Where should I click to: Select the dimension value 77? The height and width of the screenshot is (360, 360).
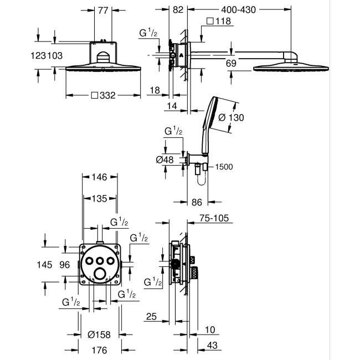pos(102,9)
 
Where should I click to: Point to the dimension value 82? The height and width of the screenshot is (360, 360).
pos(177,9)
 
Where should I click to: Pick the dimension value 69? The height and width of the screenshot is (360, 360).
pos(232,64)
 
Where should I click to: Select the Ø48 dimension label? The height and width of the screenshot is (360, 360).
pos(166,160)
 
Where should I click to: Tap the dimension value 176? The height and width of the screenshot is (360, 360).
pos(99,350)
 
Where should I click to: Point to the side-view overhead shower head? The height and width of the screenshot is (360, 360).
pos(275,68)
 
